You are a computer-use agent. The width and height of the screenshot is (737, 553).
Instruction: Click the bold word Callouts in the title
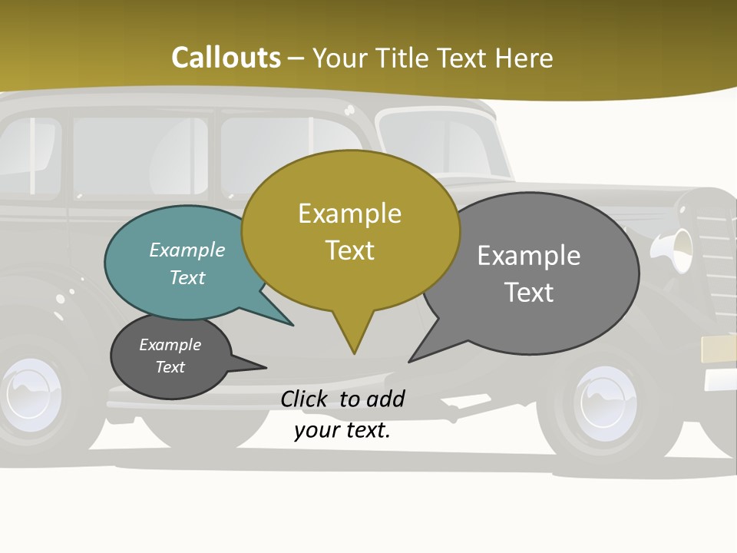[x=226, y=58]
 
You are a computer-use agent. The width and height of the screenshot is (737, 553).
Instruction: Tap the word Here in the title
[x=524, y=58]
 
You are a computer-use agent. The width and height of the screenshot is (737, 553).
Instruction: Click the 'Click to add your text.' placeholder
[x=342, y=415]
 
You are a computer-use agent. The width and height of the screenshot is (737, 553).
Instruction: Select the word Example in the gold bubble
[x=350, y=214]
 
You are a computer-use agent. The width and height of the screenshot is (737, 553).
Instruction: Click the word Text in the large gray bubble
[x=530, y=293]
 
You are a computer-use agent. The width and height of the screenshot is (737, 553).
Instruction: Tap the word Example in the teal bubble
[x=187, y=250]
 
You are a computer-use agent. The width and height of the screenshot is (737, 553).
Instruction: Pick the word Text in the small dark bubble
[x=170, y=367]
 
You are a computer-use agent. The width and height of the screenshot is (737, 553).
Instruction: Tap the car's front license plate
[x=719, y=349]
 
